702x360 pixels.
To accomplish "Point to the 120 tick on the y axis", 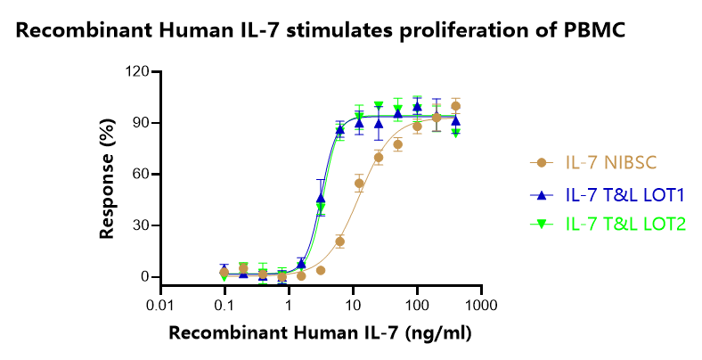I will pyautogui.click(x=136, y=71).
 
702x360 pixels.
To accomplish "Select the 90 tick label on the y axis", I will pyautogui.click(x=140, y=123).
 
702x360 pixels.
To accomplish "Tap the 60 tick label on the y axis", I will pyautogui.click(x=140, y=174).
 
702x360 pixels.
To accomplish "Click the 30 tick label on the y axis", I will pyautogui.click(x=140, y=225).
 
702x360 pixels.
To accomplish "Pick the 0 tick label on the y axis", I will pyautogui.click(x=143, y=277).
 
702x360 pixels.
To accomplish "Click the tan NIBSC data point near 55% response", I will pyautogui.click(x=359, y=184).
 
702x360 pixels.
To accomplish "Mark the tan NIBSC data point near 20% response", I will pyautogui.click(x=340, y=241).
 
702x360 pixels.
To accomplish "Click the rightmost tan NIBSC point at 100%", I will pyautogui.click(x=455, y=106).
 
